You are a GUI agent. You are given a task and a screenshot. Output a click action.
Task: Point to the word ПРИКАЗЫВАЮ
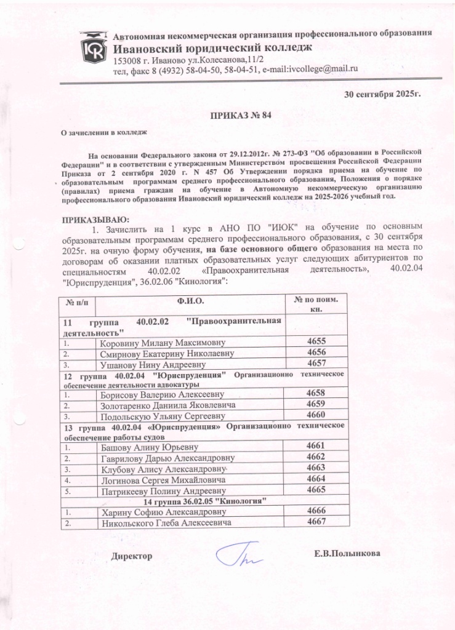[x=95, y=220]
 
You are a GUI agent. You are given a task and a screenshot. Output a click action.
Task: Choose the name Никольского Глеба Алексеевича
[x=166, y=523]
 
